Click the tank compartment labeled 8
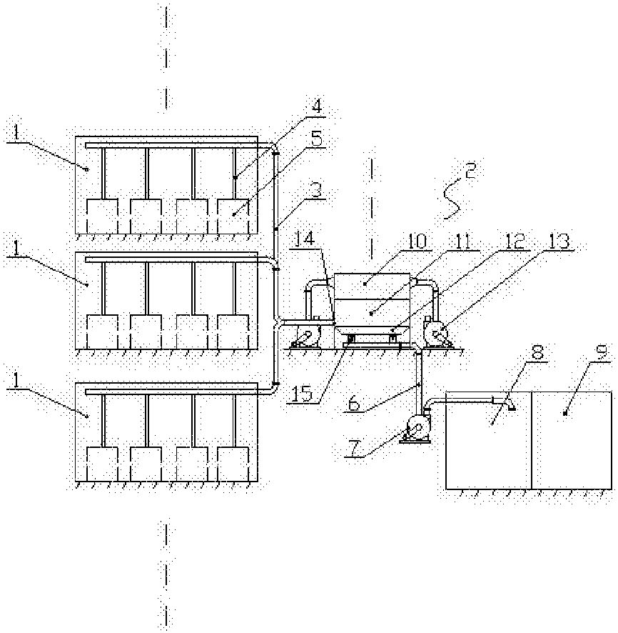click(488, 443)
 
